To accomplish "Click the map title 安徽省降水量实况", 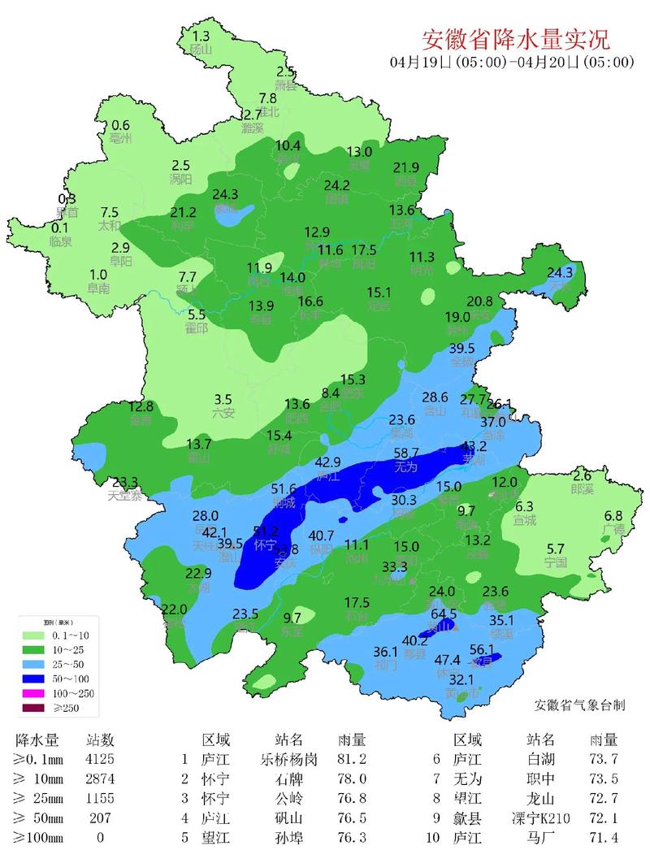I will click(x=515, y=38).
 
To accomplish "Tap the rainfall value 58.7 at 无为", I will click(x=405, y=453).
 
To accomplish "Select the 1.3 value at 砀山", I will click(x=200, y=36).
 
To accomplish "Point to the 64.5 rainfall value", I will click(x=443, y=614).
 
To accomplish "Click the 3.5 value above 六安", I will click(x=223, y=399).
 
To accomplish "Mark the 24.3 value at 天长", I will click(x=560, y=272).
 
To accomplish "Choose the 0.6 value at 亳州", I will click(x=120, y=124).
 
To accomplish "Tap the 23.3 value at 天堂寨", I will click(x=125, y=482).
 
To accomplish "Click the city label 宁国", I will click(x=556, y=562).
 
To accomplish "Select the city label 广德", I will click(x=613, y=530).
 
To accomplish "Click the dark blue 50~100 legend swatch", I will click(x=34, y=678).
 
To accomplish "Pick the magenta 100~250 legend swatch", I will click(x=34, y=693).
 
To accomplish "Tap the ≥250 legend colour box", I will click(x=34, y=709).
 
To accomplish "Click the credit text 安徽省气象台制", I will click(x=579, y=705).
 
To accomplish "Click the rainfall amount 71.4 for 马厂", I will click(x=604, y=837).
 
